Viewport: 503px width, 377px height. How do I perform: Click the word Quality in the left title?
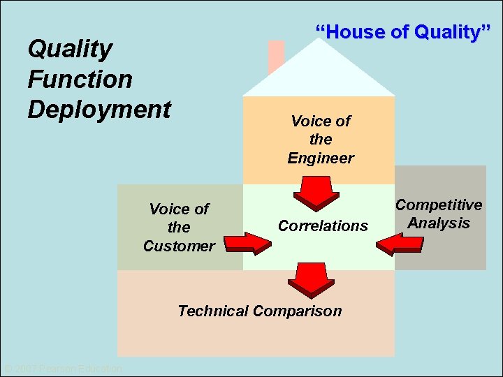tap(70, 50)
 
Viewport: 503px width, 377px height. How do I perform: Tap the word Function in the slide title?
tap(80, 79)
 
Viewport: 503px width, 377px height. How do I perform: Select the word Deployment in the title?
tap(99, 110)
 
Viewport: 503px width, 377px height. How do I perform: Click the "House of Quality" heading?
tap(404, 32)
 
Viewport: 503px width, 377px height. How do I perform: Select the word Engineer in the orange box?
tap(321, 158)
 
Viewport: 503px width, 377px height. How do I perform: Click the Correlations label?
tap(323, 226)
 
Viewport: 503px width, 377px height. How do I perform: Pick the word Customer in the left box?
tap(179, 246)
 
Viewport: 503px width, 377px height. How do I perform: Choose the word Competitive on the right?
tap(439, 205)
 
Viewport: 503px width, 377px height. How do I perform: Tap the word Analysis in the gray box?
tap(439, 223)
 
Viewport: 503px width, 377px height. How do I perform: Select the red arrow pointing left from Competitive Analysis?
tap(400, 244)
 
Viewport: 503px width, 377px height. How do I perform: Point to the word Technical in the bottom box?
tap(214, 311)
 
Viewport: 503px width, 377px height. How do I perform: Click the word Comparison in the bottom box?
tap(298, 311)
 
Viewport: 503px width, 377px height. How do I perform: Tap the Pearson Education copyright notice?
tap(63, 369)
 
